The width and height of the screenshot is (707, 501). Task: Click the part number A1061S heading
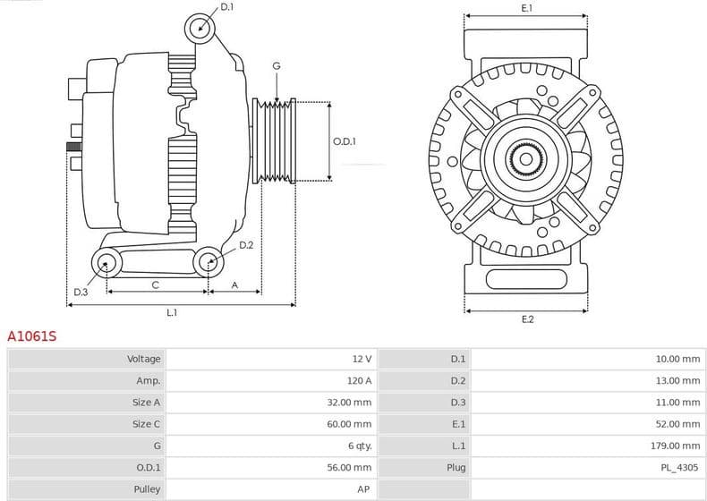pos(32,336)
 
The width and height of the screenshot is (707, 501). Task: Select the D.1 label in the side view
pos(226,7)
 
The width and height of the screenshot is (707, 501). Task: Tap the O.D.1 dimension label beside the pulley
pos(345,141)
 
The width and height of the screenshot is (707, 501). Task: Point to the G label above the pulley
pos(277,66)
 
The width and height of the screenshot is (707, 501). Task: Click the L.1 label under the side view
pos(172,313)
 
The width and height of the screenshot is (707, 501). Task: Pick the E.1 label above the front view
pos(527,8)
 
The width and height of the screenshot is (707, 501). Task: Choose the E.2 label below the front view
pos(527,319)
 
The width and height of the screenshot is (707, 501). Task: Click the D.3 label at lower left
pos(81,293)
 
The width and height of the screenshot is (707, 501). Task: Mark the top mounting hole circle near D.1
pos(200,28)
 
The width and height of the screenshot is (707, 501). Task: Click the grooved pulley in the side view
pos(276,141)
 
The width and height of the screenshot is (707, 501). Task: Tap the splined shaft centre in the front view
pos(525,159)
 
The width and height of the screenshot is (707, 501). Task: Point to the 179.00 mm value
pos(677,446)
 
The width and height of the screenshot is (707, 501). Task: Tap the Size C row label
pos(146,424)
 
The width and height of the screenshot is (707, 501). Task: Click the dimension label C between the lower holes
pos(155,285)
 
